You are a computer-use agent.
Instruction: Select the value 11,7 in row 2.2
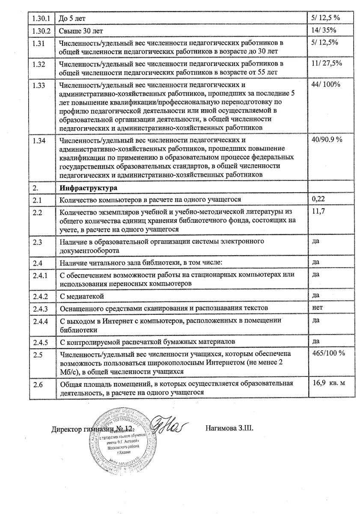[x=318, y=211]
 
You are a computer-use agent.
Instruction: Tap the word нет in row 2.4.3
[x=318, y=307]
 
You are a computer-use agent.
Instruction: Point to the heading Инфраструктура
[x=89, y=188]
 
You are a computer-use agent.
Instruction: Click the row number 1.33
[x=39, y=85]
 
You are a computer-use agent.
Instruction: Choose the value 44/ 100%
[x=326, y=84]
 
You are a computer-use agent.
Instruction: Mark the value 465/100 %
[x=329, y=353]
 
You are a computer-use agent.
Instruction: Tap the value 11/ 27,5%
[x=327, y=63]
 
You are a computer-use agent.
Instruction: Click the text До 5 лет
[x=74, y=19]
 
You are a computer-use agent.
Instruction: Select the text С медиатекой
[x=82, y=296]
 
